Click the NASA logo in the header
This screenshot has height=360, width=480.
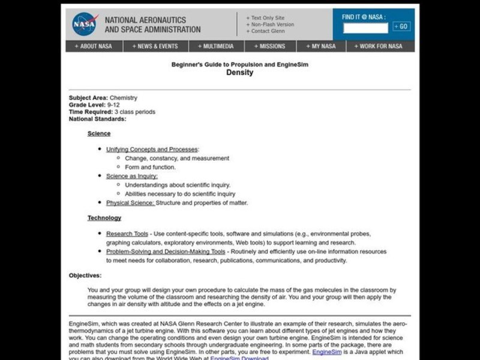[x=85, y=24]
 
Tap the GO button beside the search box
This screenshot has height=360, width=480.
[x=401, y=26]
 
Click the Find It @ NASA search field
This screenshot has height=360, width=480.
[x=365, y=27]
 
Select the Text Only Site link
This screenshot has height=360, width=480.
[x=268, y=17]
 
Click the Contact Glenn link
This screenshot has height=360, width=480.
[x=267, y=31]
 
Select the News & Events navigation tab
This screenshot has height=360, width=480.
[x=156, y=46]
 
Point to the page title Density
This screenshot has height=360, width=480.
[x=239, y=73]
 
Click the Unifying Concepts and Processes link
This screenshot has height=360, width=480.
[x=152, y=149]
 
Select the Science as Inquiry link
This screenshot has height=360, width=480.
[x=132, y=176]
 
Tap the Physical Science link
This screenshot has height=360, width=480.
[x=130, y=203]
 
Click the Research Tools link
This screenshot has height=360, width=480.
[x=127, y=233]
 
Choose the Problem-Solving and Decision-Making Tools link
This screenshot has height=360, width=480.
[x=166, y=251]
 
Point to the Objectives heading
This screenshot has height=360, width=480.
[x=85, y=275]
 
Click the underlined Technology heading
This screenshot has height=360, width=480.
[x=104, y=218]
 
